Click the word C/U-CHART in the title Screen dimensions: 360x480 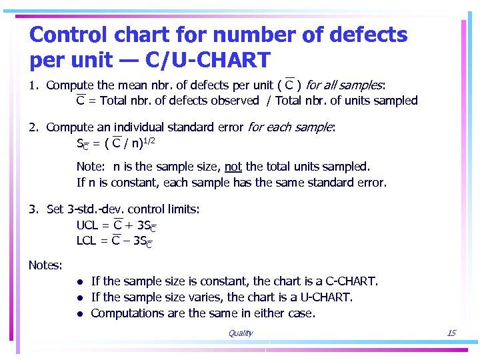(211, 60)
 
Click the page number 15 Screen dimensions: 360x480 (451, 333)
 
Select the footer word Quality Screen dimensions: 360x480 (240, 333)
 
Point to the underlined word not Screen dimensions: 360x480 (233, 167)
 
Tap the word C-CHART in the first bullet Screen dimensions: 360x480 (351, 281)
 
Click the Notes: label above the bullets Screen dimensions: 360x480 (45, 265)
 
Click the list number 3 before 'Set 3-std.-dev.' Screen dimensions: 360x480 (33, 209)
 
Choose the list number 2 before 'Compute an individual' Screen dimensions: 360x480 (33, 127)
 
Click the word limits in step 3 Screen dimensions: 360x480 (180, 209)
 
